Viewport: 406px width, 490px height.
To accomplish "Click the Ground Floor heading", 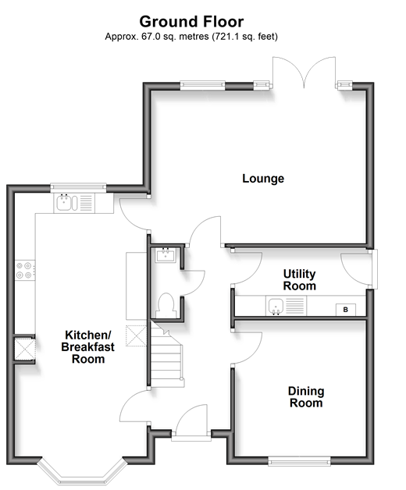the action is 191,22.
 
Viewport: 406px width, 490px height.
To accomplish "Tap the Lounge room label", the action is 263,179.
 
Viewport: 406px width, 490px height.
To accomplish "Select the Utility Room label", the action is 299,279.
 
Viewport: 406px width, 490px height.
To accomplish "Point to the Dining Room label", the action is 306,397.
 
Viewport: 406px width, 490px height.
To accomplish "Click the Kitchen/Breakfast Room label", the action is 88,347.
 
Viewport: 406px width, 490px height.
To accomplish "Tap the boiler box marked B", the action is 346,310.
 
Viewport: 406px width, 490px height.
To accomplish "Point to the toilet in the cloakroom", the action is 166,304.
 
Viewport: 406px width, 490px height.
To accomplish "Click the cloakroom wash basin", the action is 166,255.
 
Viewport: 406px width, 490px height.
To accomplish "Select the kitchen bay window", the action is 82,471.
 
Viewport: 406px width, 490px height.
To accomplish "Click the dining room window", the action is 299,461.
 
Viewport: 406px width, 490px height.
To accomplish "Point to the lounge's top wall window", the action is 203,86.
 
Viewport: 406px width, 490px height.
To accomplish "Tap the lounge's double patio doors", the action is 304,73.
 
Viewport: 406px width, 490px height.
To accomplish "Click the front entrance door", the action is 191,422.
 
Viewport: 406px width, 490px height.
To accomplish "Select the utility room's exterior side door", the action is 359,268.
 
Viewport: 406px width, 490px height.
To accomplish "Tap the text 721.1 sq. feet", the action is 245,37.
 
